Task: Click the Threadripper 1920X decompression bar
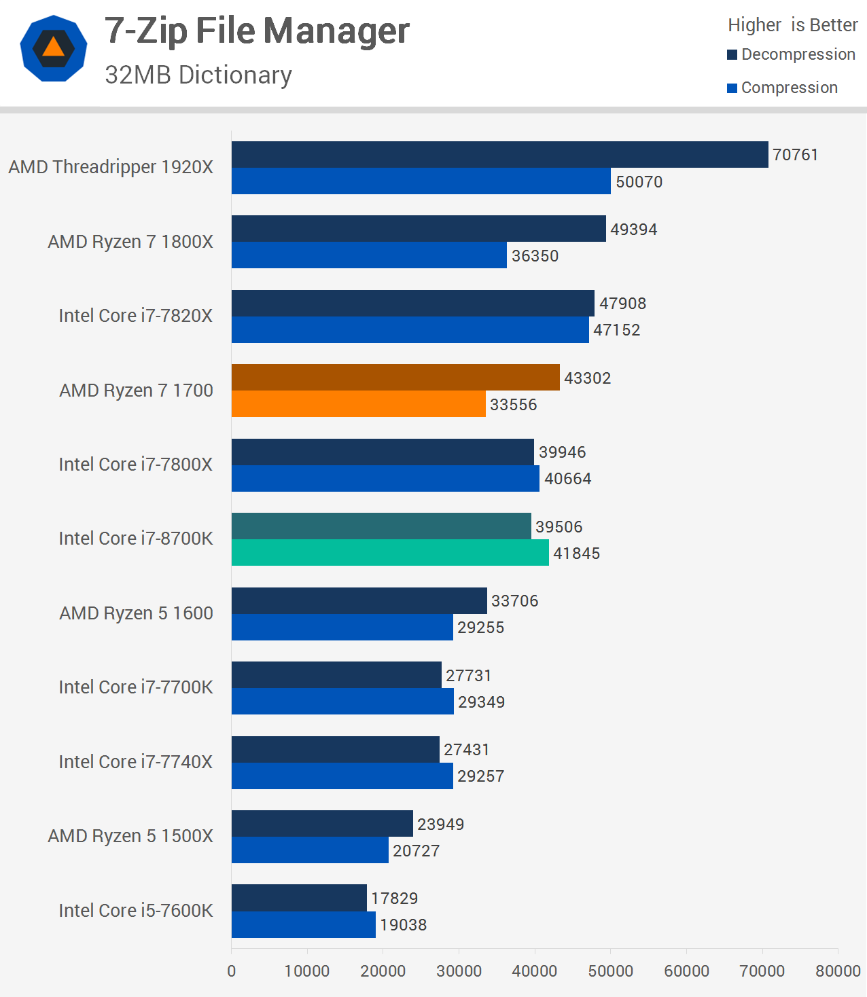coord(499,155)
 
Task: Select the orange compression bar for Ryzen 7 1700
coord(358,404)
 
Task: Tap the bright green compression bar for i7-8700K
coord(390,553)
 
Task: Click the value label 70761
coord(795,155)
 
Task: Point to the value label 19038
coord(403,925)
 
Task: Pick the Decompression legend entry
coord(791,54)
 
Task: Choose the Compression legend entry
coord(782,88)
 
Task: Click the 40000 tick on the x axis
coord(534,971)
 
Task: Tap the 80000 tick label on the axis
coord(837,971)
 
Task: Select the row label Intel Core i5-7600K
coord(135,911)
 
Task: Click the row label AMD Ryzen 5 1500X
coord(130,836)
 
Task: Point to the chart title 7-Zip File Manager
coord(257,31)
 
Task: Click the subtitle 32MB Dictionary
coord(198,75)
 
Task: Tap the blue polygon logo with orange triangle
coord(54,49)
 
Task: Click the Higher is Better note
coord(792,25)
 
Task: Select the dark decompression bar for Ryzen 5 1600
coord(359,601)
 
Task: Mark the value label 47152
coord(616,330)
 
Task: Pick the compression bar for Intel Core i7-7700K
coord(342,702)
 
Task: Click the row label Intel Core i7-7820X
coord(135,316)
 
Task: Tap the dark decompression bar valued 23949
coord(322,824)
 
